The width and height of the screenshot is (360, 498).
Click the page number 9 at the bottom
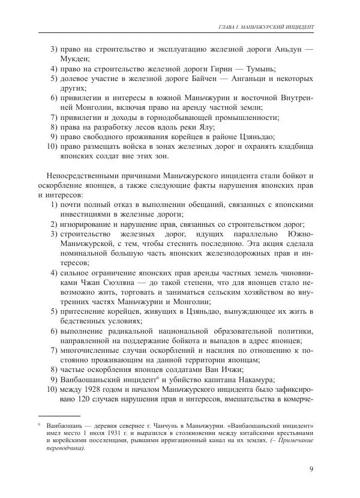311,469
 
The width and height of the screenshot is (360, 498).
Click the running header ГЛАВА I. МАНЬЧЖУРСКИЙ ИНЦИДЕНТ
266,27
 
